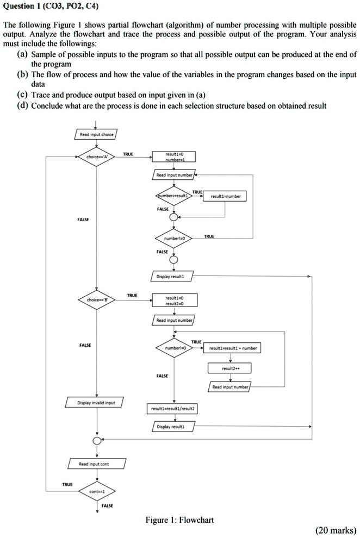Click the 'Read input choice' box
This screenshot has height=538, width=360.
click(96, 135)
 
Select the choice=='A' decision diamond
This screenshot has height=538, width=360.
click(96, 157)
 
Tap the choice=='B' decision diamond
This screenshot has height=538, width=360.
click(96, 299)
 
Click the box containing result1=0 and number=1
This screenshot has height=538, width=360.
click(173, 157)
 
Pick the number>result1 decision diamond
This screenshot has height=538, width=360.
click(173, 195)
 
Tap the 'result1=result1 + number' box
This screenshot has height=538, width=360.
click(230, 348)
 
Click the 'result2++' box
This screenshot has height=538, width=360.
click(230, 368)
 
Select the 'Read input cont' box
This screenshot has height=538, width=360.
click(96, 464)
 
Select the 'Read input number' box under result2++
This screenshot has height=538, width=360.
click(230, 387)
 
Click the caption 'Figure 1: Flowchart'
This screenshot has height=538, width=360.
click(179, 520)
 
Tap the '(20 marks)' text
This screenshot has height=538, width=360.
click(336, 530)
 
